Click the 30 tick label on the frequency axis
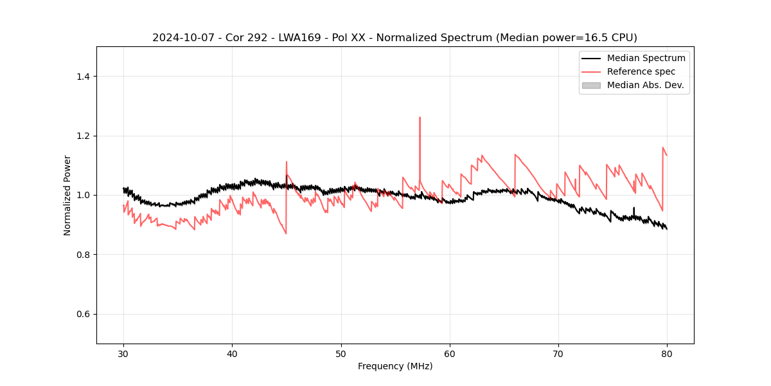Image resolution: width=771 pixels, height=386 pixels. tap(123, 353)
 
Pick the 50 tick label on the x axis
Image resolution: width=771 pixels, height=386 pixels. tap(341, 353)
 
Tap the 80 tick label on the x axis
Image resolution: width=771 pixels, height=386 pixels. tap(667, 353)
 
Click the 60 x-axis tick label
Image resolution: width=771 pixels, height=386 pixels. tap(450, 353)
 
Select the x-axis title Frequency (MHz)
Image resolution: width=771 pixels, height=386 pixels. tap(395, 366)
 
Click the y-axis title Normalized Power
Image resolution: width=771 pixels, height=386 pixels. tap(67, 195)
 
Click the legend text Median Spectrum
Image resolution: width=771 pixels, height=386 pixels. tap(646, 58)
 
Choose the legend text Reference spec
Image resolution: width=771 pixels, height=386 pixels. tap(641, 71)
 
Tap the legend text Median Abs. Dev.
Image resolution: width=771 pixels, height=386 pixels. tap(645, 85)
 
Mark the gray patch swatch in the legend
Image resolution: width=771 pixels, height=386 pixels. tap(591, 85)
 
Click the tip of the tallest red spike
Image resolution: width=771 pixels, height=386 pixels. tap(420, 118)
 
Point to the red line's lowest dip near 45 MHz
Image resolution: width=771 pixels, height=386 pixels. tap(286, 233)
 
